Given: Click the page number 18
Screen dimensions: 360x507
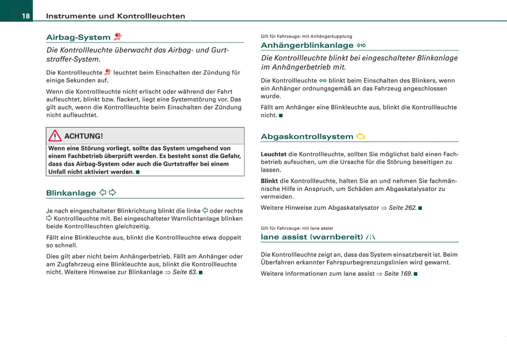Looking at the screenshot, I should click(26, 16).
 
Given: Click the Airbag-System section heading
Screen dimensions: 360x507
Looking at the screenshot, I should click(78, 37).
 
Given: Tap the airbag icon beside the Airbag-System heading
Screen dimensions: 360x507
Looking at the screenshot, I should click(118, 37).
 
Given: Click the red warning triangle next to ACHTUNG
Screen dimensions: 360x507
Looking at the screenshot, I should click(55, 136).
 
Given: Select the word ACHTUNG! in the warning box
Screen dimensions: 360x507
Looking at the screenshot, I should click(84, 136).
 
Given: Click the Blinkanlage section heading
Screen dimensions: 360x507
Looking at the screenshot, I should click(71, 193).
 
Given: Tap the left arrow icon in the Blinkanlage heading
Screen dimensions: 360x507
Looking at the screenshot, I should click(103, 193).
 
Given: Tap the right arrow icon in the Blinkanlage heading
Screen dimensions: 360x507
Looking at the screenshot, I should click(112, 193).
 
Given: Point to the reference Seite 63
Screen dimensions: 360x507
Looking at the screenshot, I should click(185, 272).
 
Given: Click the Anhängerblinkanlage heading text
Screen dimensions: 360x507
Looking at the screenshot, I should click(307, 45).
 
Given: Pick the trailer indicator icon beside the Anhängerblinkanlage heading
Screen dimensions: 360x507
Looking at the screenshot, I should click(361, 45).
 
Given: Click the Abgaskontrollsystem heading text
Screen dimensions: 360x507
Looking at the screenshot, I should click(307, 137).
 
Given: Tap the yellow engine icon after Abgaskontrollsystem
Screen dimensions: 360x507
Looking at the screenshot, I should click(361, 136).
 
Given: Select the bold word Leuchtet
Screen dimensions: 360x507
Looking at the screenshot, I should click(273, 154).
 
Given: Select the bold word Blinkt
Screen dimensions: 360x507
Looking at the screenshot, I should click(269, 181).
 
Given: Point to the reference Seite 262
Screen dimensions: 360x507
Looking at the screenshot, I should click(402, 208).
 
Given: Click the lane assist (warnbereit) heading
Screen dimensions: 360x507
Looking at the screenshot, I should click(312, 237).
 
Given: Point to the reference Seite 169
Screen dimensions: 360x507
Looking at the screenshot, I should click(398, 274).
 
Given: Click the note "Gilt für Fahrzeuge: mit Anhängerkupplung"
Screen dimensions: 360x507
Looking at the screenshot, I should click(306, 36).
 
